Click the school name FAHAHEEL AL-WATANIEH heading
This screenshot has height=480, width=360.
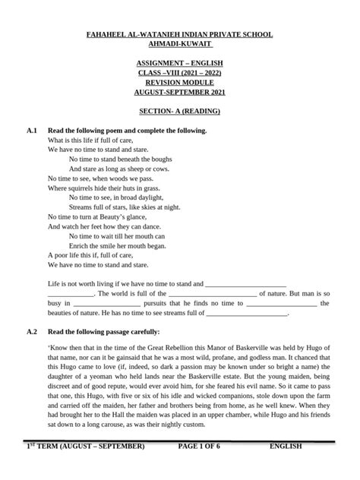(x=179, y=35)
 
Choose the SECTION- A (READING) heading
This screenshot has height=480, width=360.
(x=179, y=110)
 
